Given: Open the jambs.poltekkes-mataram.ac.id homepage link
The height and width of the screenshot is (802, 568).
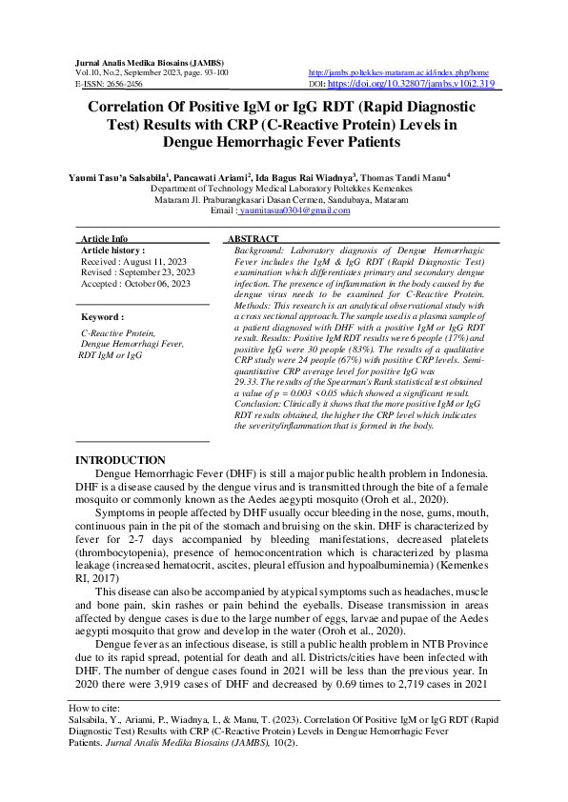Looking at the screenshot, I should click(x=398, y=72).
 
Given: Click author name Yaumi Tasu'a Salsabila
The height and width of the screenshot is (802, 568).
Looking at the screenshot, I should click(x=119, y=176).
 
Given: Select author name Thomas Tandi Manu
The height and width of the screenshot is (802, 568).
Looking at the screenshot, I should click(x=407, y=176).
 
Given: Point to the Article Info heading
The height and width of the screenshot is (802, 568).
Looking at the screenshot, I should click(x=105, y=238).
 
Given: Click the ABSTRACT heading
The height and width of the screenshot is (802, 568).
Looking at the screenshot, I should click(x=253, y=238).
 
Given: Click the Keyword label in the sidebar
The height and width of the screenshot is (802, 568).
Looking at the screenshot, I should click(x=102, y=316).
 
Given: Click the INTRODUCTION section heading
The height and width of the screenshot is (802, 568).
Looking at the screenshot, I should click(x=120, y=461).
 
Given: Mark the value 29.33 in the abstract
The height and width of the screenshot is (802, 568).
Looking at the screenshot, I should click(x=248, y=378).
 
